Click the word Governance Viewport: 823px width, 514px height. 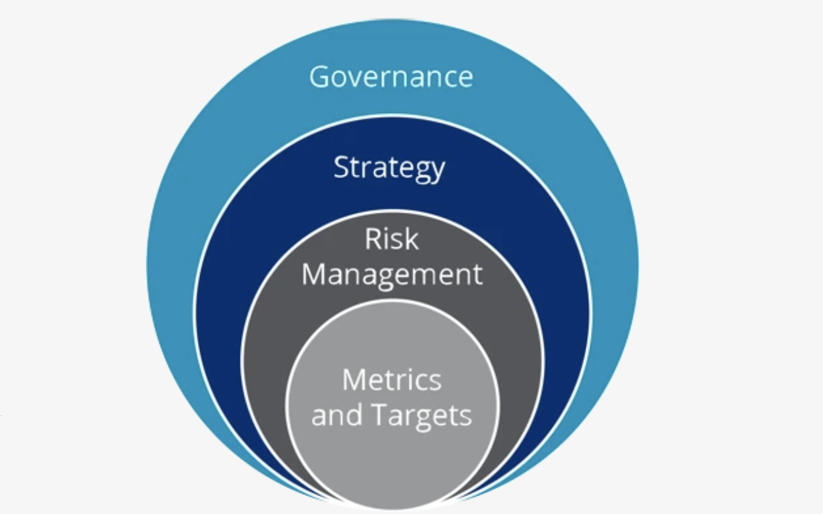pos(391,76)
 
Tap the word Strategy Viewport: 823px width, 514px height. pos(389,168)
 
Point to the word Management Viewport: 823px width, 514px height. pos(392,274)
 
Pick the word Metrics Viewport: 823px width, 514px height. pos(392,380)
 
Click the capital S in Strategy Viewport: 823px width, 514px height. pos(341,168)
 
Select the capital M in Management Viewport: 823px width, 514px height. pos(316,274)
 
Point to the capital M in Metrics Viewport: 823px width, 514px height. pos(356,380)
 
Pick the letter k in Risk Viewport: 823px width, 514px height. pos(410,239)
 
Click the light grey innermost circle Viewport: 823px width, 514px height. pos(392,450)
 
